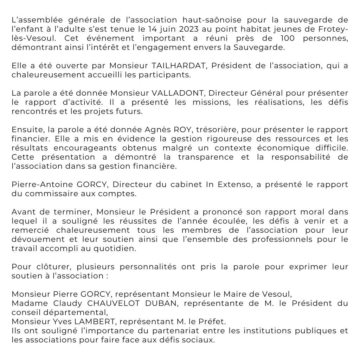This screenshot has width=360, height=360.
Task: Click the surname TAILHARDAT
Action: pyautogui.click(x=168, y=66)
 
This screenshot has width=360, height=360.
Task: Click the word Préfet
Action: pyautogui.click(x=213, y=322)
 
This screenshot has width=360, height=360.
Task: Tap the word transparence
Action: pyautogui.click(x=204, y=157)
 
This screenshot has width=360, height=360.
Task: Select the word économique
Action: pyautogui.click(x=273, y=148)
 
